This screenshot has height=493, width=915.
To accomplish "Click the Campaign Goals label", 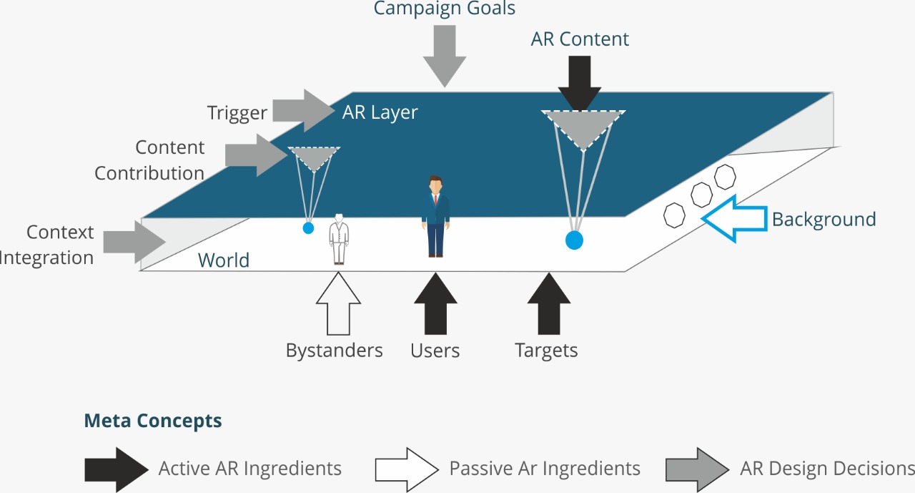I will (445, 9).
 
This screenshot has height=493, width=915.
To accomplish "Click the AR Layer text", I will (380, 112).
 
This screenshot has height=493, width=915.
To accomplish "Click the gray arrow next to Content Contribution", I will (256, 155).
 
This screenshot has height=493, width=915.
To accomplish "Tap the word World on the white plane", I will (224, 260).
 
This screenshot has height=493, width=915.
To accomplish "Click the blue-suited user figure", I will (435, 215).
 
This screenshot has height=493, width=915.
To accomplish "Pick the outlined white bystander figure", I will (340, 239).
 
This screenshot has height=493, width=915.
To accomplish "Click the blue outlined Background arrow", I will (733, 218).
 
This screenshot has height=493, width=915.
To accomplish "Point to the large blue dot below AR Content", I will (574, 240).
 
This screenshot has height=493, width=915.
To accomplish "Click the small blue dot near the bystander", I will (308, 228).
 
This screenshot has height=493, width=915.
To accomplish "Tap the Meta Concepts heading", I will (153, 421).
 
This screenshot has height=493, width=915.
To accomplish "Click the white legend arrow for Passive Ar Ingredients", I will (406, 469).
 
